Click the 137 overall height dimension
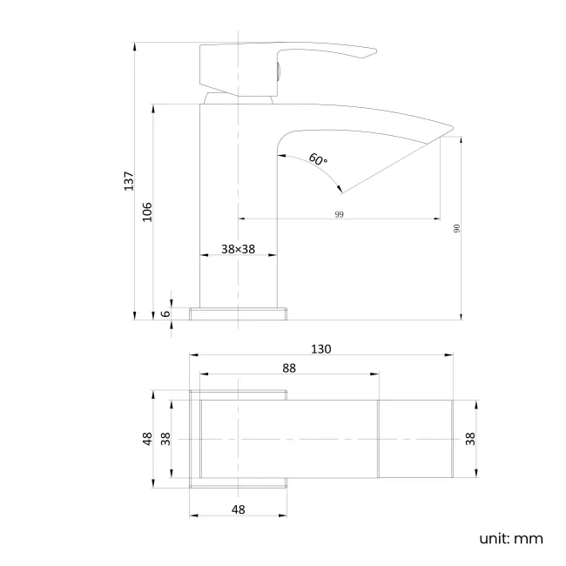pos(129,181)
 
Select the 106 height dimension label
pos(147,212)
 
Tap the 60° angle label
pos(318,159)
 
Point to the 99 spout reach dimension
pos(339,214)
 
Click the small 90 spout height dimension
pos(456,228)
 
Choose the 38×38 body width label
pos(238,249)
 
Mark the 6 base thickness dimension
pos(165,313)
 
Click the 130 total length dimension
pos(321,349)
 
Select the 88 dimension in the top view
pos(289,368)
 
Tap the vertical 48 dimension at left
pos(147,439)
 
